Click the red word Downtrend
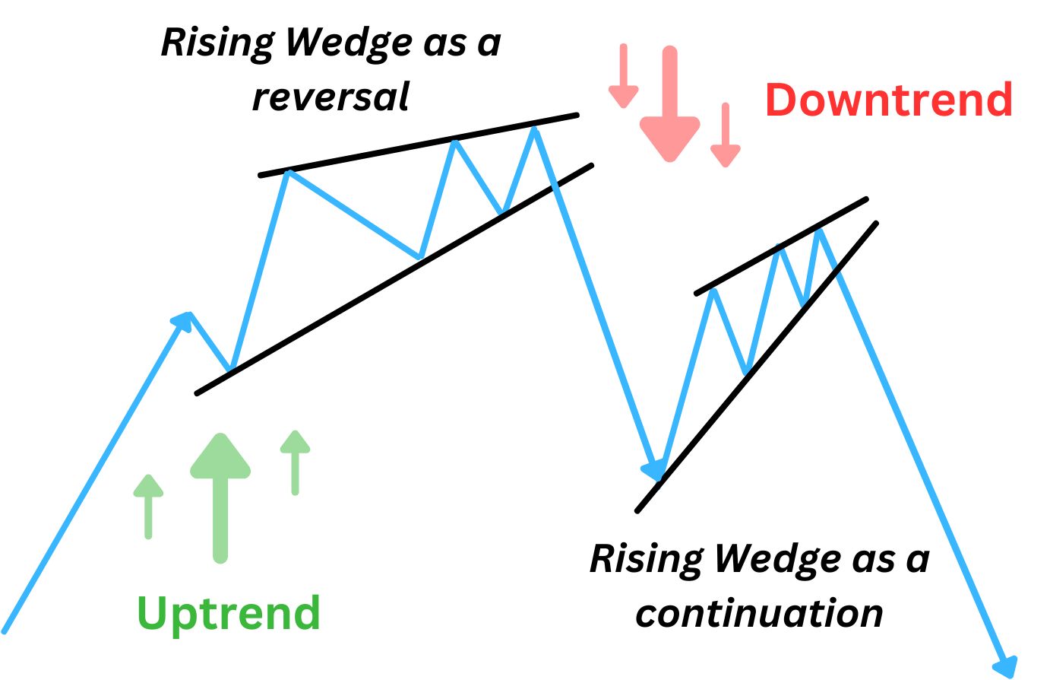(x=889, y=99)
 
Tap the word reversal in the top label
(x=331, y=97)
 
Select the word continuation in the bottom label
(x=759, y=612)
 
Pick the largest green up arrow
(x=220, y=497)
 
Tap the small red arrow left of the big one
(x=624, y=76)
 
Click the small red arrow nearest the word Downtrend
(x=726, y=135)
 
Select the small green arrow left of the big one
(x=149, y=507)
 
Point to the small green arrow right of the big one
(x=296, y=462)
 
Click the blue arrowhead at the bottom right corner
(x=1007, y=666)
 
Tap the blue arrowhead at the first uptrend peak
(x=183, y=322)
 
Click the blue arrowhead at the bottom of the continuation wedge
(x=654, y=469)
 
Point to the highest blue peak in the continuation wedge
(x=819, y=230)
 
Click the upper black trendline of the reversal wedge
(x=419, y=145)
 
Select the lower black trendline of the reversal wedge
(x=394, y=280)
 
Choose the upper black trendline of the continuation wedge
(x=781, y=246)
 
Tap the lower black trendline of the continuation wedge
(x=757, y=367)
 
